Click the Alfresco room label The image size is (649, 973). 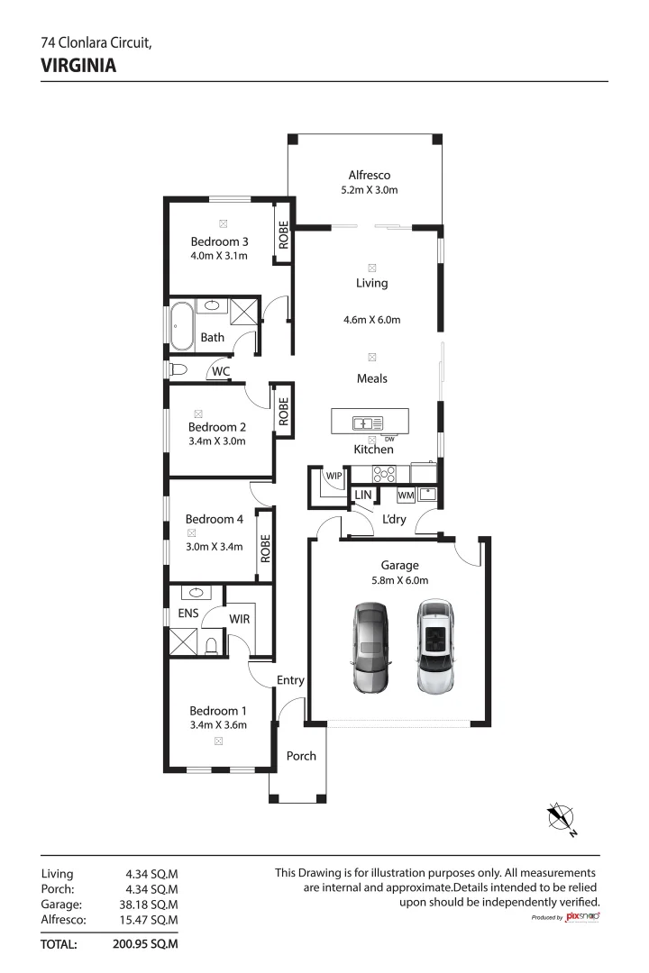point(370,176)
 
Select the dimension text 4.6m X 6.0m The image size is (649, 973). point(371,320)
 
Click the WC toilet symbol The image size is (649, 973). point(178,369)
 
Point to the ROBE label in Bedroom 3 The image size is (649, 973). point(283,236)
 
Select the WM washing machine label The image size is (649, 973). point(405,496)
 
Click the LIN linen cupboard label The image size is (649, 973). point(362,496)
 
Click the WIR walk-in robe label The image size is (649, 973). point(239,619)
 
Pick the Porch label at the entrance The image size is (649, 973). point(301,756)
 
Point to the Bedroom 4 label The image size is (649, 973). point(215,519)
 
